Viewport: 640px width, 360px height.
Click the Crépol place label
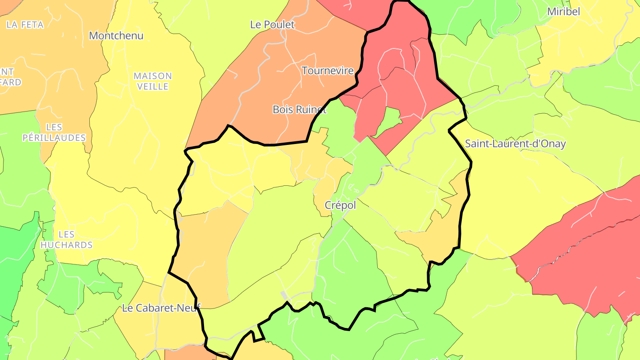340,205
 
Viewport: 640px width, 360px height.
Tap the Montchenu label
116,36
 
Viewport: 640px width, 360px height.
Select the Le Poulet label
272,25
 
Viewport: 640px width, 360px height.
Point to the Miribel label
564,12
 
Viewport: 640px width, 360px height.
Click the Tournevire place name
328,71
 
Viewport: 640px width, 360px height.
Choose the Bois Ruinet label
300,109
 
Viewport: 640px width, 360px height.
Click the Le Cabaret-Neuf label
161,308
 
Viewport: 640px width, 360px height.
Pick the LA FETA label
25,25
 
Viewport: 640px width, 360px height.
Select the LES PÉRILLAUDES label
54,132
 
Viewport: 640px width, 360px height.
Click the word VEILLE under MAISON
152,87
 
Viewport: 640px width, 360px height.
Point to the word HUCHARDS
66,245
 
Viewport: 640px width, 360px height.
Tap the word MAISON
152,76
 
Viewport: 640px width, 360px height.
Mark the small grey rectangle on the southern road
284,295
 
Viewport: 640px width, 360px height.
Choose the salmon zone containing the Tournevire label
284,84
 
